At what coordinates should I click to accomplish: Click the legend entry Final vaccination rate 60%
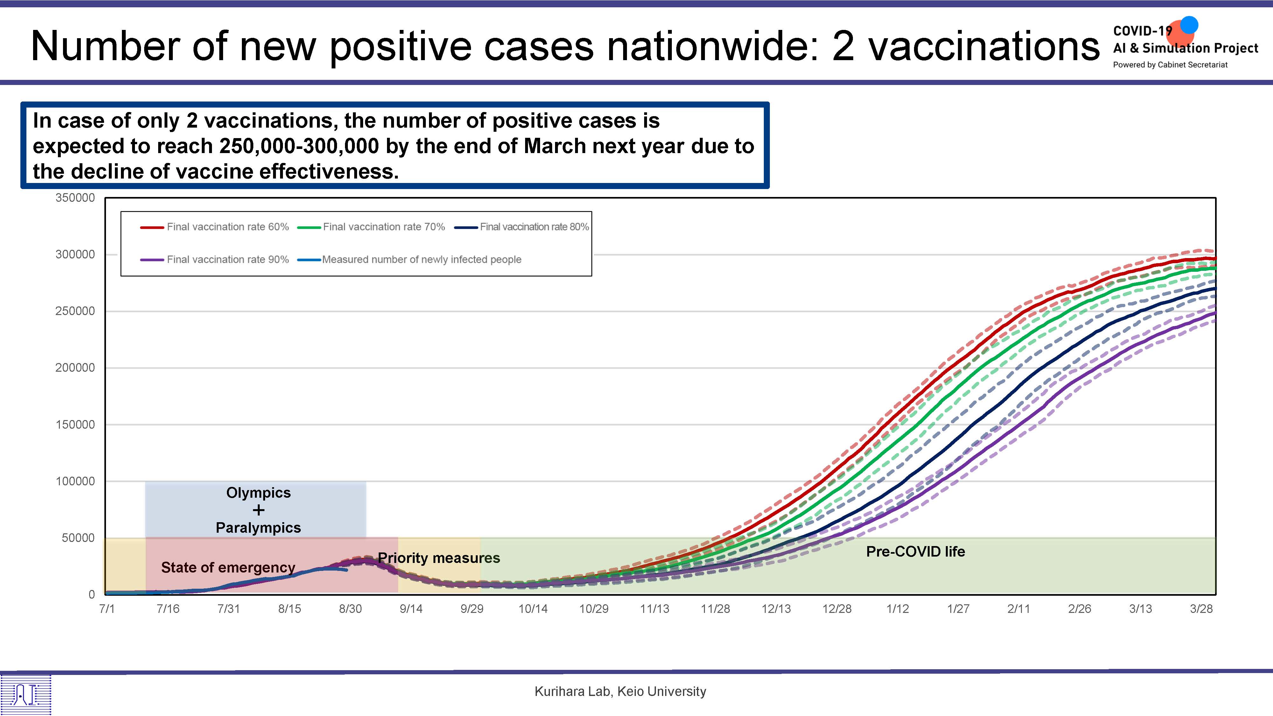[x=215, y=227]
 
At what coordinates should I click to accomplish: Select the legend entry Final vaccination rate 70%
[x=371, y=227]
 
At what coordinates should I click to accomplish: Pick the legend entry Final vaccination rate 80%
[x=522, y=227]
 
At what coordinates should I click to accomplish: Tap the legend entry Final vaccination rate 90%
[x=215, y=259]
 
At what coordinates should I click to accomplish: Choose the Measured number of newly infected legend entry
[x=409, y=259]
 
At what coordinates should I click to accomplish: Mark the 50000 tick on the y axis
[x=78, y=537]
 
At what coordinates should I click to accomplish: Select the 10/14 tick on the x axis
[x=533, y=609]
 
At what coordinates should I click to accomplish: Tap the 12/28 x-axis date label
[x=837, y=609]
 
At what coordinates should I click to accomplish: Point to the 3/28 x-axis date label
[x=1201, y=609]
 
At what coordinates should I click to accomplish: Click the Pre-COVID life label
[x=916, y=551]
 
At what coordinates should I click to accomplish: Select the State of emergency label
[x=228, y=567]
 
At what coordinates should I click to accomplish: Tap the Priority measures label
[x=439, y=558]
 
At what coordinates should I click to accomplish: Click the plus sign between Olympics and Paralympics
[x=258, y=510]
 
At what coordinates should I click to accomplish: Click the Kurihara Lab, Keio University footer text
[x=620, y=691]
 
